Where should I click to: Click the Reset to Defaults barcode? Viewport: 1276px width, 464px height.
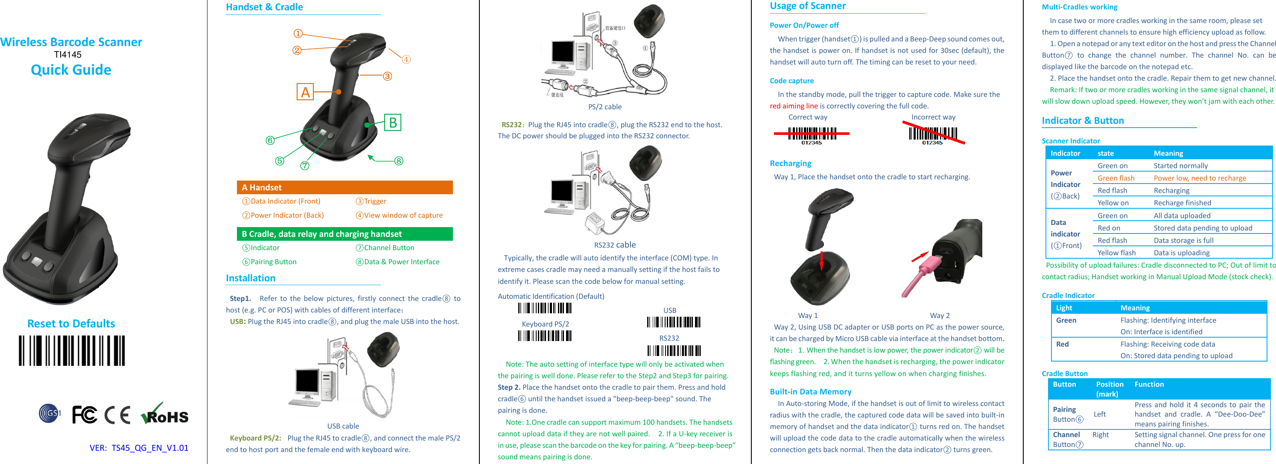point(72,350)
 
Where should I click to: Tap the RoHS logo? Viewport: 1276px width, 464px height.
point(165,414)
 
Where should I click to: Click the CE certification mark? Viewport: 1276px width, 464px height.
point(117,415)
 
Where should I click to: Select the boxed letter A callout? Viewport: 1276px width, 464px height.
point(305,92)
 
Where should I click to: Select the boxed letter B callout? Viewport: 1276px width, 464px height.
point(392,123)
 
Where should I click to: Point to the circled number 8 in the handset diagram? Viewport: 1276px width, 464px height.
point(399,161)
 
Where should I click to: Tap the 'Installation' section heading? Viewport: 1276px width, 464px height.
point(251,278)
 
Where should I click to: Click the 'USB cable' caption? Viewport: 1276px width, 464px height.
point(343,426)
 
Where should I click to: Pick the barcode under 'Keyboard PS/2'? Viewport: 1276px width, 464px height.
point(545,336)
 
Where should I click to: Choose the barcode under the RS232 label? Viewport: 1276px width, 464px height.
point(674,350)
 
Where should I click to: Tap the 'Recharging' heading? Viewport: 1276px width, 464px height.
point(790,163)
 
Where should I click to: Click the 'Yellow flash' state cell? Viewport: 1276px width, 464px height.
point(1116,253)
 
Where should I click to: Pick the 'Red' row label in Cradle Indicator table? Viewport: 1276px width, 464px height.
point(1062,344)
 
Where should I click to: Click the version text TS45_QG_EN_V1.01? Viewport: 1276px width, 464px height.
point(149,448)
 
